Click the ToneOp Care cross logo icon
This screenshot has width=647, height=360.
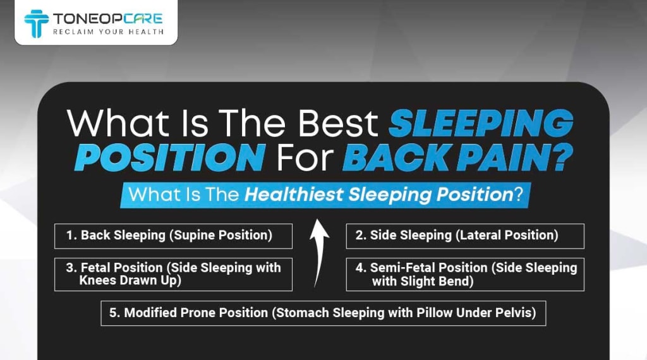pyautogui.click(x=36, y=23)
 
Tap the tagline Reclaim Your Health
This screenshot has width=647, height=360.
pyautogui.click(x=109, y=32)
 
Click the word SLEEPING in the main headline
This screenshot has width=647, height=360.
pyautogui.click(x=481, y=123)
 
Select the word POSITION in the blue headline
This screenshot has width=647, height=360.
pyautogui.click(x=170, y=157)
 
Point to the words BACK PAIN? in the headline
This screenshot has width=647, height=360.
pyautogui.click(x=457, y=157)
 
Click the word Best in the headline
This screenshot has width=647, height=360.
pyautogui.click(x=338, y=123)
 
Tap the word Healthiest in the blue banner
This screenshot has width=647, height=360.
pyautogui.click(x=294, y=195)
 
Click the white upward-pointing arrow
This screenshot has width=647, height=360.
pyautogui.click(x=318, y=253)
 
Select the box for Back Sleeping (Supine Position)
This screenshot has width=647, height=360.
pyautogui.click(x=173, y=236)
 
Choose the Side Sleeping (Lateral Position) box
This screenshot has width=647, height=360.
pyautogui.click(x=465, y=236)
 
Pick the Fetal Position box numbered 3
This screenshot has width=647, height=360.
pyautogui.click(x=173, y=274)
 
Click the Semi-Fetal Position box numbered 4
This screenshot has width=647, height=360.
pyautogui.click(x=465, y=274)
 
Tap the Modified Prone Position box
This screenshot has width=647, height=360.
pyautogui.click(x=323, y=313)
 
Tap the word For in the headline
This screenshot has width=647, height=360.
pyautogui.click(x=305, y=157)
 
